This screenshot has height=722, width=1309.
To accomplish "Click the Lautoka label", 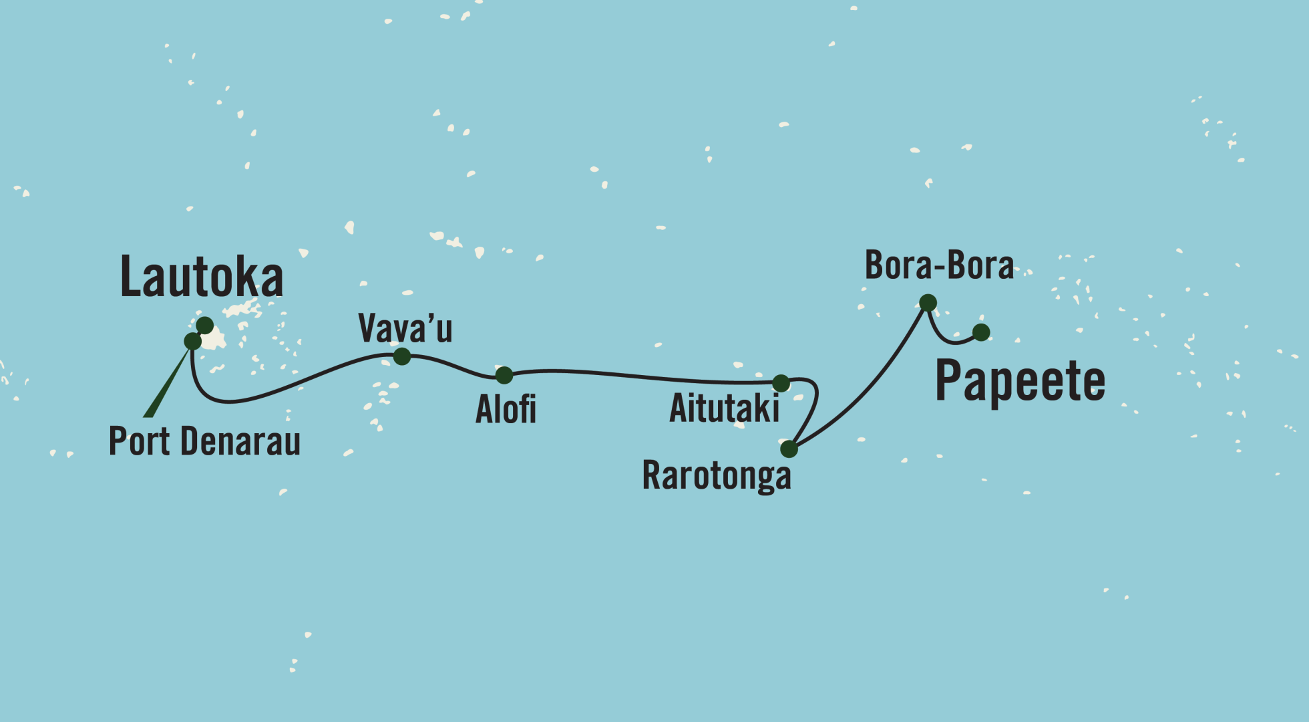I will pos(201,277).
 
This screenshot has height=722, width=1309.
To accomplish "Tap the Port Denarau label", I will pos(204,441).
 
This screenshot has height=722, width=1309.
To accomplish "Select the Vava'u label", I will pos(405,328).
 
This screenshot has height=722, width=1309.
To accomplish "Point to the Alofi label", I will pos(506,409).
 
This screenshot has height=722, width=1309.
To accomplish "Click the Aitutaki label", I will pos(724,408).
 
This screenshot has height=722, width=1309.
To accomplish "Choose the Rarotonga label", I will pos(716,476).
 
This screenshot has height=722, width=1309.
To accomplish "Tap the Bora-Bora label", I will pos(938,265).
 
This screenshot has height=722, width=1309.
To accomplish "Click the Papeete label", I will pos(1020,380).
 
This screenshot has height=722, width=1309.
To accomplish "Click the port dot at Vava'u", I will pos(401,356).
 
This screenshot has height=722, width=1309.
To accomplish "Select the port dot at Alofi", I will pos(504,375).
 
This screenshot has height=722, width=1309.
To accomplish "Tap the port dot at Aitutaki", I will pos(781,383).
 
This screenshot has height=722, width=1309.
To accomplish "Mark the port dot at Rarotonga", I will pos(789,449).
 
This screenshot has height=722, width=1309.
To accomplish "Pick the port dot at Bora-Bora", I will pos(928,303).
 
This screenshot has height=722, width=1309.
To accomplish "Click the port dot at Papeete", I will pos(980,332).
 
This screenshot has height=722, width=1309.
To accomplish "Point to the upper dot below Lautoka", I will pos(204,326).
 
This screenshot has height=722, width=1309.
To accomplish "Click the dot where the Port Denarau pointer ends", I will pos(192,341).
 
